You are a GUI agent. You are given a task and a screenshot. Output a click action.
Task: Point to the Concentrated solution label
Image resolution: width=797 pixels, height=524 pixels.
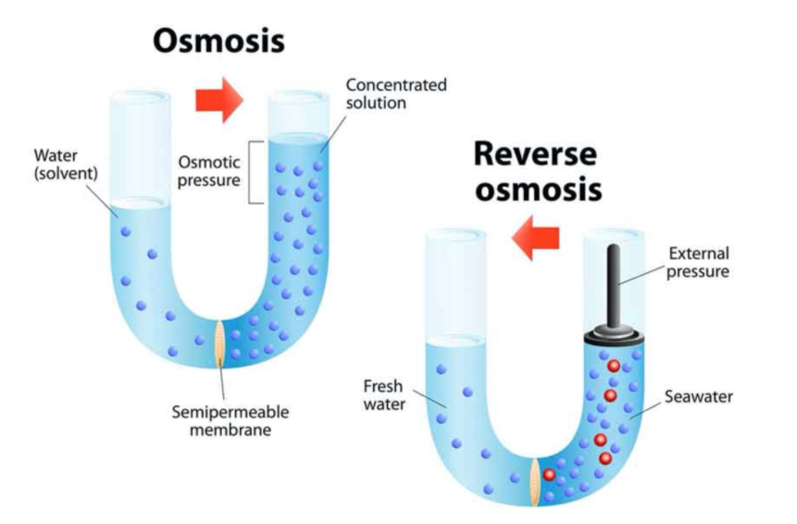coord(395,94)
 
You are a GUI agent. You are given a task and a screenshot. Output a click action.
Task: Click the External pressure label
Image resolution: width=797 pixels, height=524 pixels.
coord(698,262)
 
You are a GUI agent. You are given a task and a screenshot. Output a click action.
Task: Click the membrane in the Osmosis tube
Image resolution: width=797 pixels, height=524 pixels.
coord(219,342)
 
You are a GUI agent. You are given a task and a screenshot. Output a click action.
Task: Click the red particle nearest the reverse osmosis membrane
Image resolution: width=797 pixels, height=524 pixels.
coord(549,475)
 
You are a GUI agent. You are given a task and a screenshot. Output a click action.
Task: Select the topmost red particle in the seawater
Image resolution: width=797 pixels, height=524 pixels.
coord(612,367)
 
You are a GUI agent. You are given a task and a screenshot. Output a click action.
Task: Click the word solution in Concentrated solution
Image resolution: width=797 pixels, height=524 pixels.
coord(376,103)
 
